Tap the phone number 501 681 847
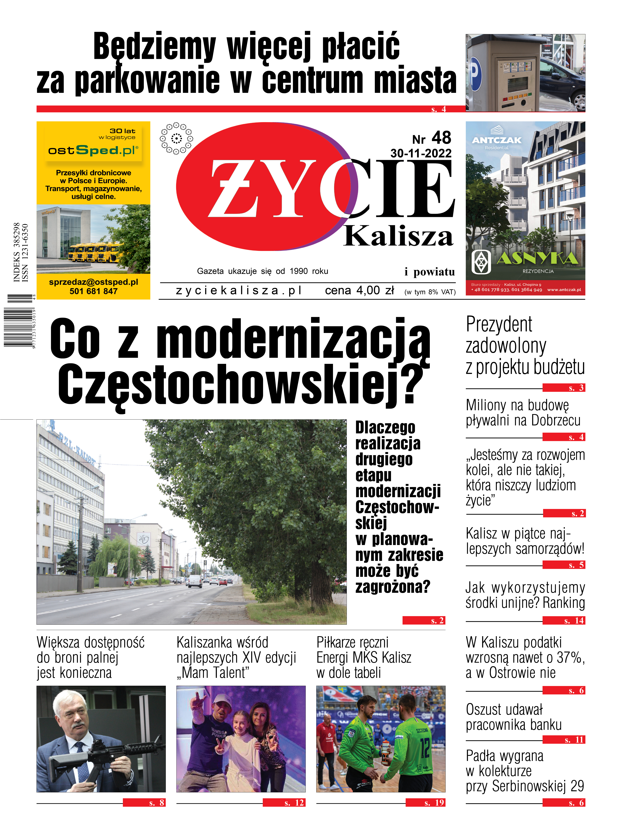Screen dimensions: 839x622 coord(93,291)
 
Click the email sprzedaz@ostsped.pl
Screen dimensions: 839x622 coord(93,282)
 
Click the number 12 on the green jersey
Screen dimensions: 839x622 coord(425,749)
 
